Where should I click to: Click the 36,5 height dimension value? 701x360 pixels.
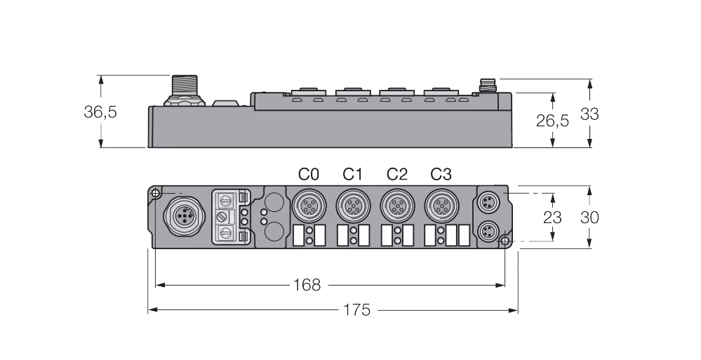click(x=100, y=112)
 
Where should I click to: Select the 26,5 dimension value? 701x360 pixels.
click(x=552, y=120)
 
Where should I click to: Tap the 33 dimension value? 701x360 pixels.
click(x=589, y=114)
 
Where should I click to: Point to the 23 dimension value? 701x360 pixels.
click(x=552, y=218)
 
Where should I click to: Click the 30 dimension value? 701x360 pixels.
click(x=589, y=218)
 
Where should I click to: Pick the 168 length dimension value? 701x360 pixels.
click(x=307, y=285)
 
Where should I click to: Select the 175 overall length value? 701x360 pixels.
click(x=356, y=309)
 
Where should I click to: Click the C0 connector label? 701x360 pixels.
click(x=309, y=174)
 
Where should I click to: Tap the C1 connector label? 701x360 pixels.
click(x=353, y=174)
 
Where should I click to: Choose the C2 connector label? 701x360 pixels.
click(x=397, y=174)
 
